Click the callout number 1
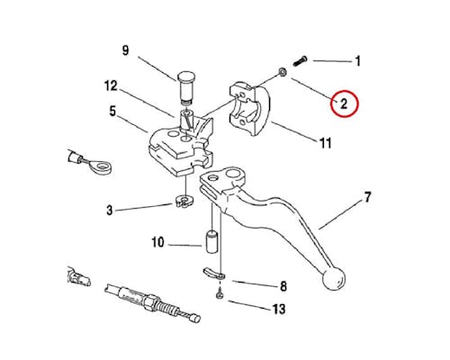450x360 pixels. [x=357, y=61]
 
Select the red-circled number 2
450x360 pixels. [x=344, y=103]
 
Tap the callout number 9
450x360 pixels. [x=125, y=50]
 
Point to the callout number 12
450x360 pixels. [x=111, y=86]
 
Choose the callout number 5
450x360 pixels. [x=112, y=112]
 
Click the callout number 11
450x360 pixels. [x=326, y=143]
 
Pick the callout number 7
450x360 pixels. [x=367, y=197]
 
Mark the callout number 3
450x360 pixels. [x=110, y=210]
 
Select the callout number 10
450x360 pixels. [x=157, y=242]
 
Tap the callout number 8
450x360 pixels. [x=283, y=286]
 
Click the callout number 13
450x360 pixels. [x=279, y=309]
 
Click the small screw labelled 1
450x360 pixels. [x=300, y=61]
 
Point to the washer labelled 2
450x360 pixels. [x=283, y=72]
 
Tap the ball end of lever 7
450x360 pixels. [x=334, y=279]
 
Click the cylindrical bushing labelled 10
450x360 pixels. [x=212, y=241]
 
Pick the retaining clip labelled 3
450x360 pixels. [x=184, y=201]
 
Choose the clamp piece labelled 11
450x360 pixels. [x=249, y=108]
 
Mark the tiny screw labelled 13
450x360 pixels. [x=220, y=294]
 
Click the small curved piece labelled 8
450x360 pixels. [x=213, y=273]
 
